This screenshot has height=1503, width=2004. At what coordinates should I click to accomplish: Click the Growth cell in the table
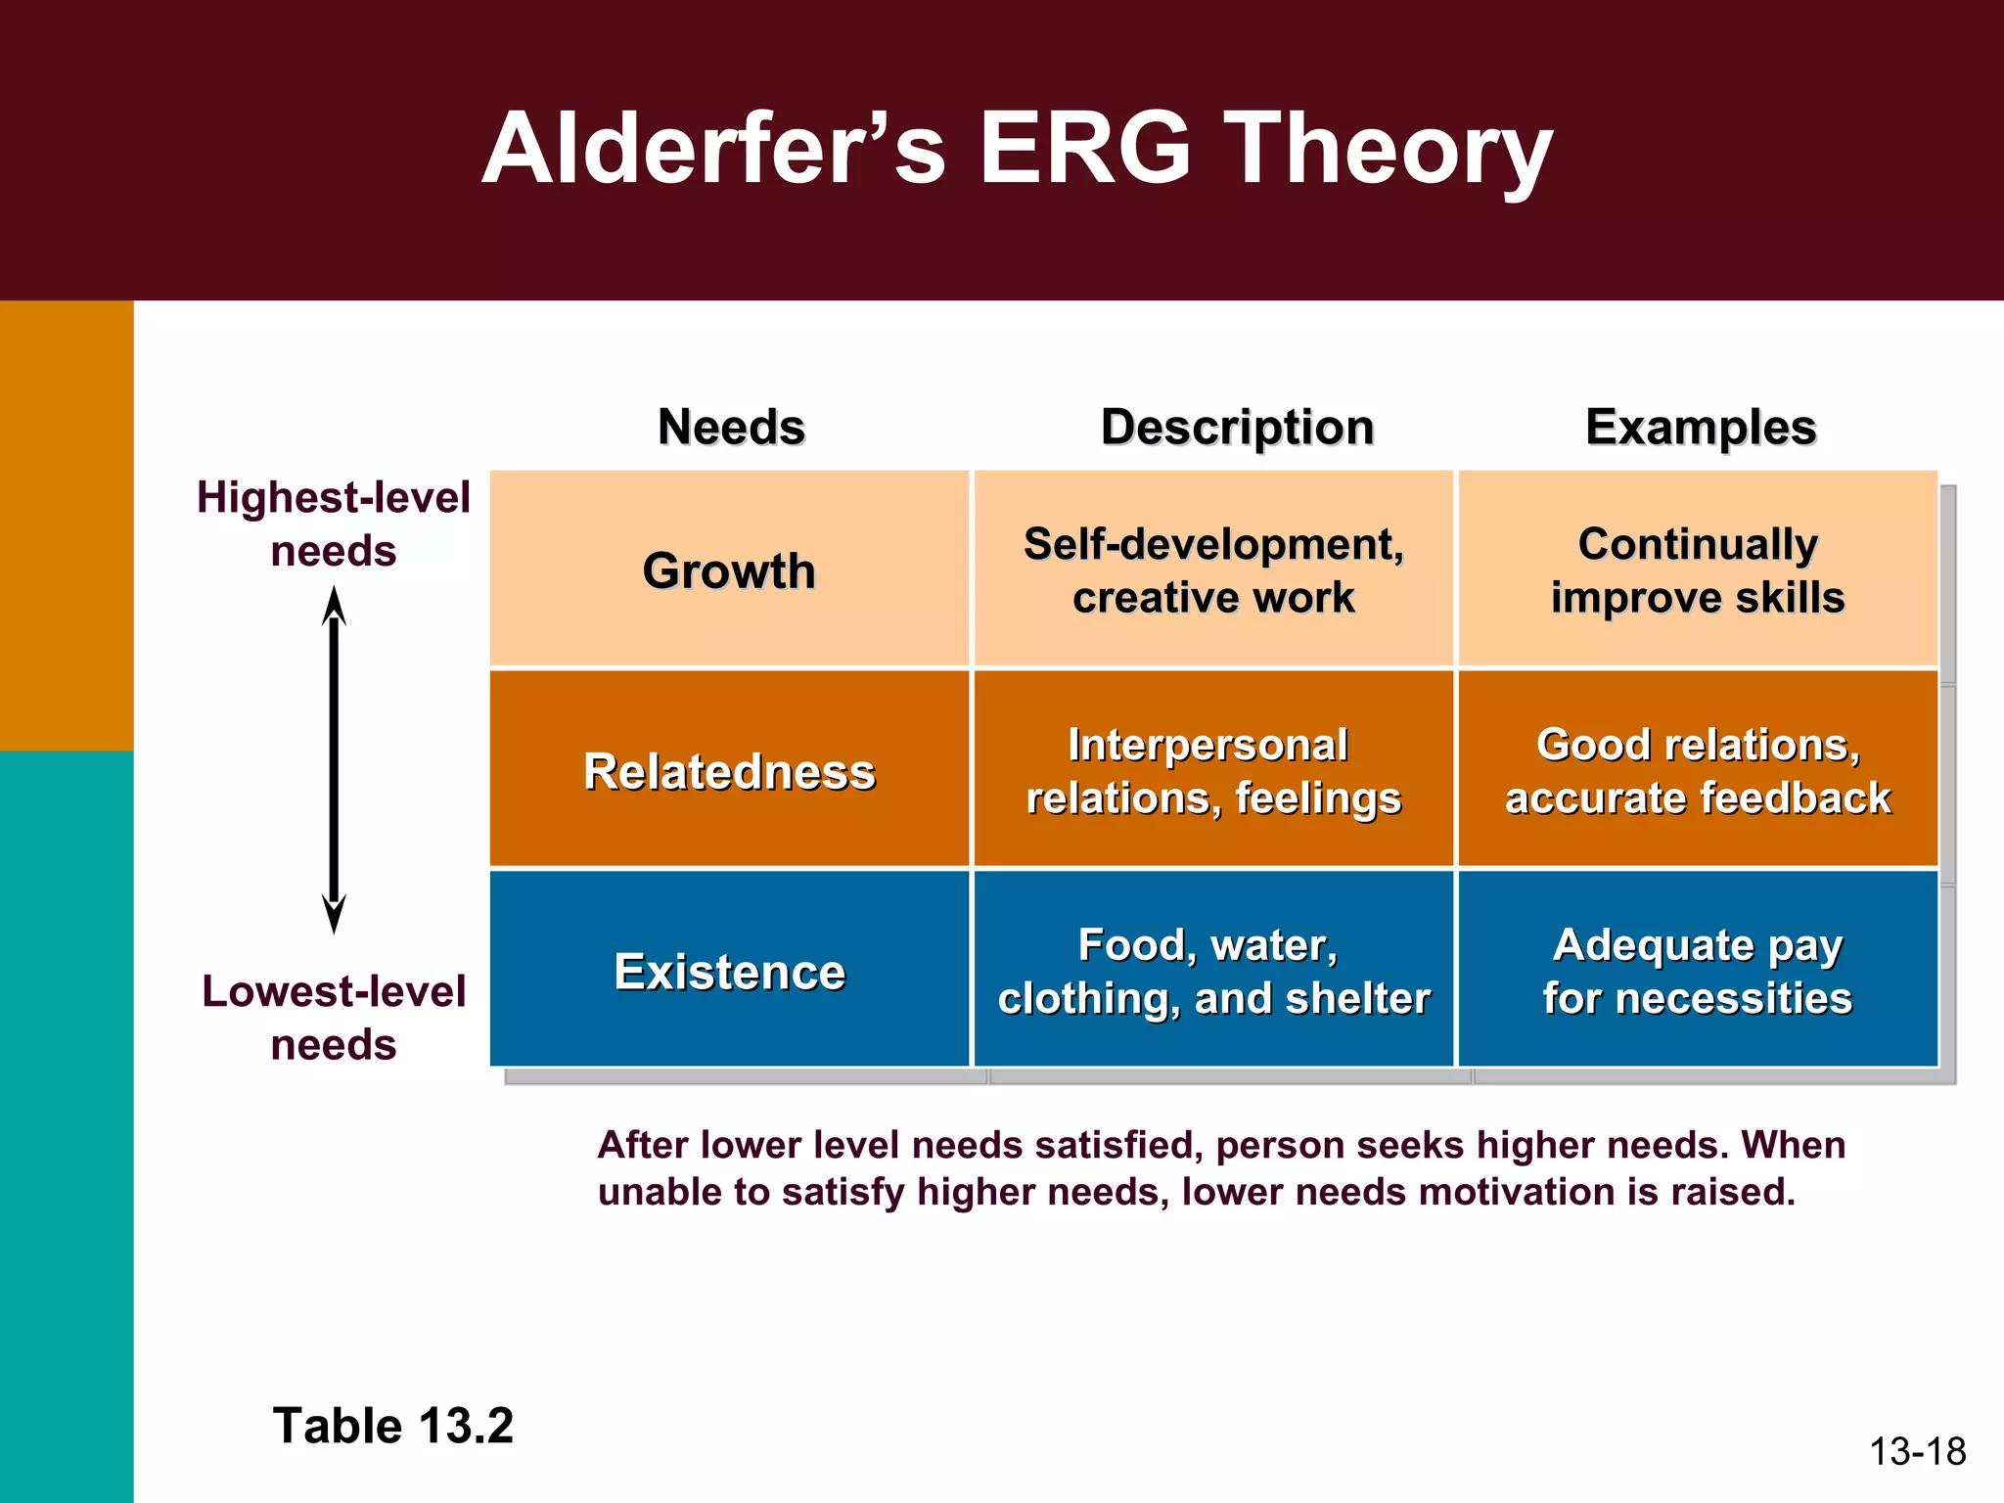coord(729,570)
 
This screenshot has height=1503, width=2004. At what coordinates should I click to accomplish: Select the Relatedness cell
coord(729,771)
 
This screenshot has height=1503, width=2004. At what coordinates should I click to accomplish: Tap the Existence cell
coord(729,972)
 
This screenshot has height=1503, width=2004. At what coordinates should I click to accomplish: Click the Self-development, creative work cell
coord(1213,570)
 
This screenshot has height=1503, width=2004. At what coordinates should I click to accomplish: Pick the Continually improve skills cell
coord(1698,570)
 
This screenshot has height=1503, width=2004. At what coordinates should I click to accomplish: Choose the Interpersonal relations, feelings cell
coord(1213,771)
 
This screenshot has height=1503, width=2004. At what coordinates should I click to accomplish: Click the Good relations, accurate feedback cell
coord(1698,771)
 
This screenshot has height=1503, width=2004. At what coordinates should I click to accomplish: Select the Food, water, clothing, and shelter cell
coord(1213,972)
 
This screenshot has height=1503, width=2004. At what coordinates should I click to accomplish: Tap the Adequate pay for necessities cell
coord(1698,972)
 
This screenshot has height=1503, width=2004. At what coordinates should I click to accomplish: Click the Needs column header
coord(731,428)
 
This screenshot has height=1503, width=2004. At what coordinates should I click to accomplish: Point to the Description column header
coord(1237,428)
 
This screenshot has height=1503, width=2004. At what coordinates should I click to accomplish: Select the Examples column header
coord(1701,428)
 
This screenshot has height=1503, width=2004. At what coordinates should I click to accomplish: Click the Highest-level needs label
coord(334,524)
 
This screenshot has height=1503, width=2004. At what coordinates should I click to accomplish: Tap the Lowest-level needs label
coord(334,1018)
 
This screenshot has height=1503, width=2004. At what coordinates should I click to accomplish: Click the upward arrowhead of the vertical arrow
coord(334,607)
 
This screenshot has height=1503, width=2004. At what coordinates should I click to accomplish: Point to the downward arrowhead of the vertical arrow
coord(334,915)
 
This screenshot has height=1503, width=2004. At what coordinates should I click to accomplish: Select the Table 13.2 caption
coord(392,1426)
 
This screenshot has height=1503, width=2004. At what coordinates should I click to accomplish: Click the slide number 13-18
coord(1917,1451)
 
